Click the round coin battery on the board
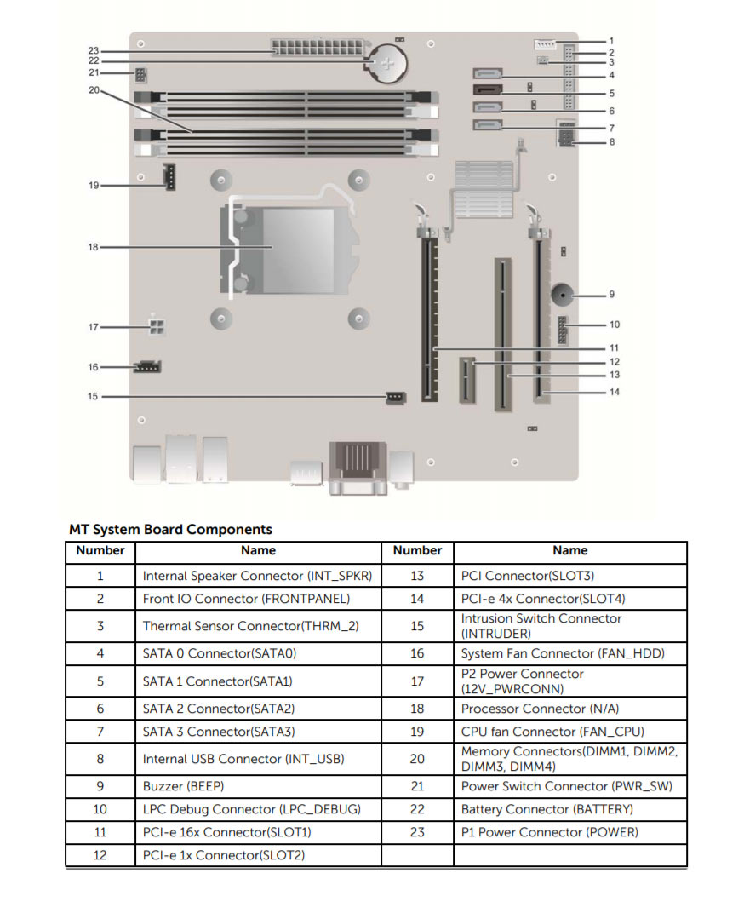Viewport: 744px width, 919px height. (x=389, y=62)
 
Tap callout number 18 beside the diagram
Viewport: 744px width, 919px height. (x=94, y=247)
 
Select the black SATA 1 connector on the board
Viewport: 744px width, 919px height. (x=486, y=89)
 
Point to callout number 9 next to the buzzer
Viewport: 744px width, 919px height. (x=611, y=295)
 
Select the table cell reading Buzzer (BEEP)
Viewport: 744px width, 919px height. (x=184, y=786)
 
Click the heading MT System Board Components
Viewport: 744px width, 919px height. (x=170, y=530)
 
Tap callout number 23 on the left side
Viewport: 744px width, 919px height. (x=94, y=51)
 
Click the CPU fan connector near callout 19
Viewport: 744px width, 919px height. (x=169, y=177)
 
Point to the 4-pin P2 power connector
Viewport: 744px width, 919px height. (x=157, y=327)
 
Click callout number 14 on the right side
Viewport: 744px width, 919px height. (x=615, y=393)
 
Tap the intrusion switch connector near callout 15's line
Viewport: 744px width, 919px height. (x=395, y=397)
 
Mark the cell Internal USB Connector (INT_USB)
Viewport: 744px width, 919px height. (x=243, y=759)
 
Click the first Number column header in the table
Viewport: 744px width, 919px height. (x=100, y=551)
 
